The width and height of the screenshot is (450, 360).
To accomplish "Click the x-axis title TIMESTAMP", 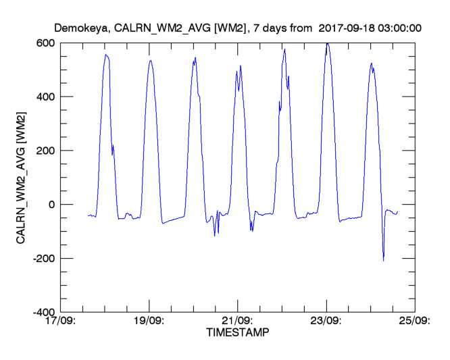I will (x=236, y=333).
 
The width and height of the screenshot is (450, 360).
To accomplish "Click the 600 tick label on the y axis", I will (x=47, y=43).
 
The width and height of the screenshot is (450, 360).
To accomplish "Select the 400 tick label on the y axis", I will (x=47, y=97).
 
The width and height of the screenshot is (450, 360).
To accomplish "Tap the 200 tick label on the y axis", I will (x=47, y=151).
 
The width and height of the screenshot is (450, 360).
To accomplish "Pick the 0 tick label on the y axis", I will (x=52, y=205).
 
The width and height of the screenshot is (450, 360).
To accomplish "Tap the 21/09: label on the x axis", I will (x=237, y=322).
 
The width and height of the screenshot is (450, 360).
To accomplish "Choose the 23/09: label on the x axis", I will (x=326, y=322).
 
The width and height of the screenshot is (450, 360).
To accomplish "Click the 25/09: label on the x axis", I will (x=414, y=322).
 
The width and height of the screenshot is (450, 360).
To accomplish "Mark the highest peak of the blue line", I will (x=327, y=43).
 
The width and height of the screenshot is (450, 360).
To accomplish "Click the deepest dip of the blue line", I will (x=383, y=260).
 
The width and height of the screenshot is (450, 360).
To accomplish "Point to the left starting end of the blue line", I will (x=89, y=216).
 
